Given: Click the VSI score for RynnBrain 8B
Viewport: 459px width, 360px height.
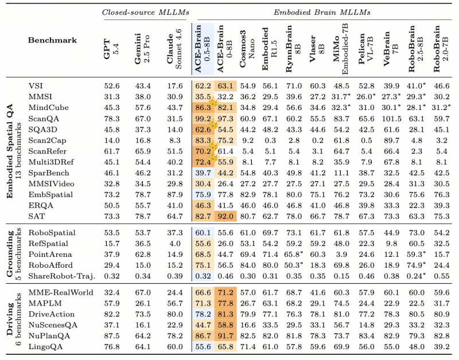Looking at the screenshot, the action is click(294, 86).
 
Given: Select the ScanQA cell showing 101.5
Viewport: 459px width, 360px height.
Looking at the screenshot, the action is click(391, 119).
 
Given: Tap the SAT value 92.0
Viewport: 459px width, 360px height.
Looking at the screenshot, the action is click(225, 217).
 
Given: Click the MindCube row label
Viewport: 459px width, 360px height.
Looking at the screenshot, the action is click(49, 108).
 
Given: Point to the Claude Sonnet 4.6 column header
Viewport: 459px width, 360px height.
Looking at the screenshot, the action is click(174, 49).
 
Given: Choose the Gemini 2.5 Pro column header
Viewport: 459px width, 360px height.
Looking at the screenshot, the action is click(142, 49).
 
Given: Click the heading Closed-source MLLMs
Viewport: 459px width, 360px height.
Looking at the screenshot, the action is click(146, 12).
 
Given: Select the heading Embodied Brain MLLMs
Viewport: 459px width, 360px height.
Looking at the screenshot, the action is click(322, 12).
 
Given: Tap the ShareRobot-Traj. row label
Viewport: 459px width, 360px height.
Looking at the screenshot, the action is click(62, 276).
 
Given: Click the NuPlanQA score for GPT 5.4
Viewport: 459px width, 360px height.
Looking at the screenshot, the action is click(112, 336).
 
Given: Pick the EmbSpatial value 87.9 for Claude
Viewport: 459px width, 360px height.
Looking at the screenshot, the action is click(175, 195).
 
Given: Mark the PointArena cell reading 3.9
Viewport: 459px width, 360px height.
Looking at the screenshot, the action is click(341, 255).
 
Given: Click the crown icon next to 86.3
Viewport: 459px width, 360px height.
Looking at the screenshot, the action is click(214, 103).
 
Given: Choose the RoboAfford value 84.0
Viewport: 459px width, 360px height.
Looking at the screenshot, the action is click(248, 265).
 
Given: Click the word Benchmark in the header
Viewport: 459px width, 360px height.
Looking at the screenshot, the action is click(52, 40).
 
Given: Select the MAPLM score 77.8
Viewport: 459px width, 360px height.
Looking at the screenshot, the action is click(225, 303).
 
